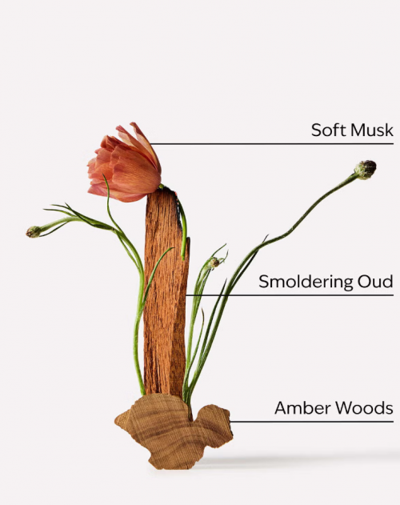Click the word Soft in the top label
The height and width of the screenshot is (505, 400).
click(x=329, y=130)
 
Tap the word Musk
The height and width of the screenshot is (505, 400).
click(x=372, y=130)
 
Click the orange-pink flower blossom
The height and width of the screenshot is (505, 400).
click(x=125, y=164)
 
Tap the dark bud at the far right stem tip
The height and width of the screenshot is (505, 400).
click(x=366, y=169)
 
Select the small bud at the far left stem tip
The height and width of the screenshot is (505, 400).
click(x=34, y=231)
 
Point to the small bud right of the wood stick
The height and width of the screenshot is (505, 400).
click(x=214, y=263)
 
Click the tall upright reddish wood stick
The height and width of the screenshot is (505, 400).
click(x=166, y=293)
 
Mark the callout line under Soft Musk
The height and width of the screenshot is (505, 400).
click(x=272, y=143)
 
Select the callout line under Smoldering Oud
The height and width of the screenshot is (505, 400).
click(x=290, y=295)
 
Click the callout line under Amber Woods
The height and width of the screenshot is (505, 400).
click(x=311, y=421)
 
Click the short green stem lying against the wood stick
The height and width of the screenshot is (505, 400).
click(x=183, y=226)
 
